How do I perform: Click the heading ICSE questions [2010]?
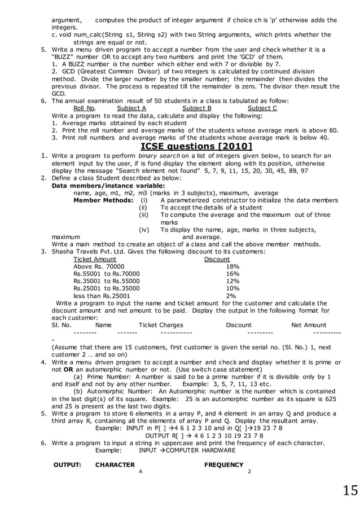point(196,148)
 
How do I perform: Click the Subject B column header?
point(197,108)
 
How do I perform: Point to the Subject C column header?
point(262,108)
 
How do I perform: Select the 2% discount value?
point(231,296)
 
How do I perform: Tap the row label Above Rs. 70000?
point(99,266)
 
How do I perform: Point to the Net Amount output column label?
point(309,325)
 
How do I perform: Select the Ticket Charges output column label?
point(161,325)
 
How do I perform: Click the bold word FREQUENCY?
point(223,465)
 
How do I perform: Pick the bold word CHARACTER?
point(115,465)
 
